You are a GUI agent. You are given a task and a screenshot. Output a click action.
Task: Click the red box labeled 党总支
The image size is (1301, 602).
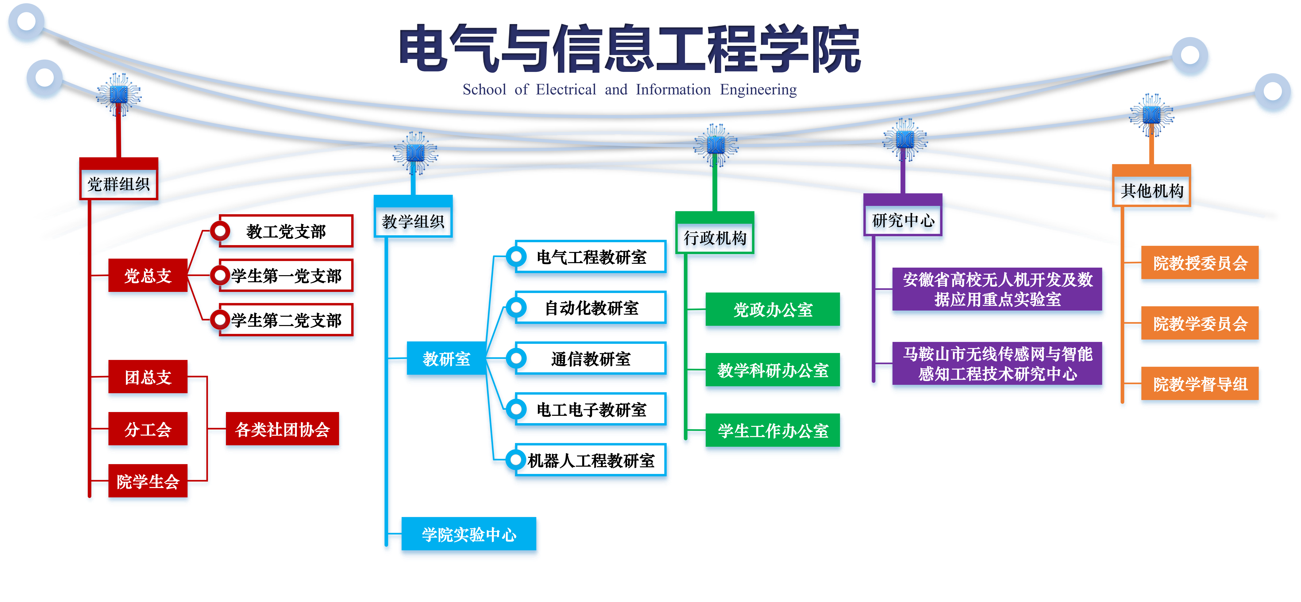(148, 275)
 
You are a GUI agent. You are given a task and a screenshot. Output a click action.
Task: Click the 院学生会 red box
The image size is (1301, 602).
(148, 481)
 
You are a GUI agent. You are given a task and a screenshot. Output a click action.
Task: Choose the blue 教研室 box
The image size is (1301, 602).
(446, 359)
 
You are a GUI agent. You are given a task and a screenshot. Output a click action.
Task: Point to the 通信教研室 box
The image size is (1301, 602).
(590, 359)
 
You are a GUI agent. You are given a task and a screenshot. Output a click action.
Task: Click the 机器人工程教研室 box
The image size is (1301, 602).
(590, 460)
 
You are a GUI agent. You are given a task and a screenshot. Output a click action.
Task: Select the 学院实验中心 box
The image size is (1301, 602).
(469, 534)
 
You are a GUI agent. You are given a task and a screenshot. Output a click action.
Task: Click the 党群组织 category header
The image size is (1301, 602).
(119, 184)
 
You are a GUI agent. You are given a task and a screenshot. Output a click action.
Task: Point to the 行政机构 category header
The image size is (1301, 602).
(715, 237)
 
